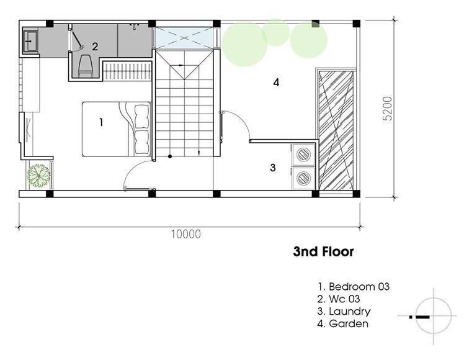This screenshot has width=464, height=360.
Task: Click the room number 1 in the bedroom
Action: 101,122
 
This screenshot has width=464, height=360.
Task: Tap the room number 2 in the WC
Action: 95,47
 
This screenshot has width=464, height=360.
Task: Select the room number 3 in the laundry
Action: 273,168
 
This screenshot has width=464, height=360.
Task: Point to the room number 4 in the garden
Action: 276,83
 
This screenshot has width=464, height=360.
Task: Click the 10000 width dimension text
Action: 186,234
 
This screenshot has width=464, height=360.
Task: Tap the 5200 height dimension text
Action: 387,109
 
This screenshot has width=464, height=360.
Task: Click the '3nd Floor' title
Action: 323,251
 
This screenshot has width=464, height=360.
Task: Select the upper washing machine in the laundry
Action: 303,155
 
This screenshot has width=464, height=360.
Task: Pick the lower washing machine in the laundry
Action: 303,178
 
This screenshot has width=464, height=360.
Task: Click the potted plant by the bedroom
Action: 38,176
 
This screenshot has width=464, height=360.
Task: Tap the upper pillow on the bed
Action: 142,116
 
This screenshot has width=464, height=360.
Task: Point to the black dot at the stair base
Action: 170,156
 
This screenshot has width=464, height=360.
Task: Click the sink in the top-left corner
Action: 30,41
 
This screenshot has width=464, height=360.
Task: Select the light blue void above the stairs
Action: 184,38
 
